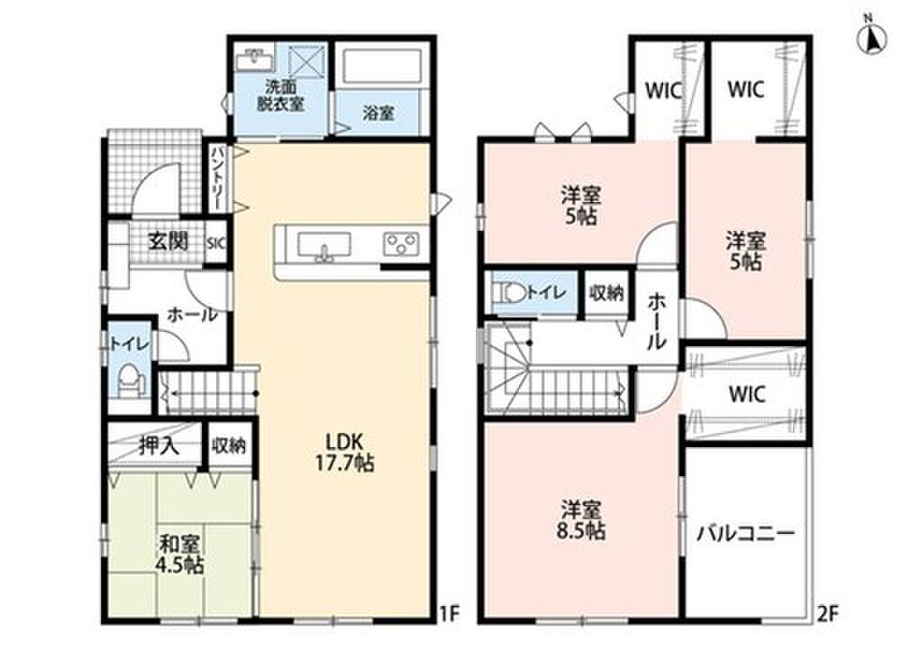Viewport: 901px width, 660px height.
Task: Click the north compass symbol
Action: (x=871, y=37)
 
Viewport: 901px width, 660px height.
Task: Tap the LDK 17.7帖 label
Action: (x=344, y=452)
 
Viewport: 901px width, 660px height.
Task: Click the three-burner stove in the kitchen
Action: (x=401, y=243)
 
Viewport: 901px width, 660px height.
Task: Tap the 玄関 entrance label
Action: (x=168, y=242)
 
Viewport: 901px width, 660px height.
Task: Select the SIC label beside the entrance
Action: (x=216, y=243)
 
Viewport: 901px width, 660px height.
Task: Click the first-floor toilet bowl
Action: (x=129, y=380)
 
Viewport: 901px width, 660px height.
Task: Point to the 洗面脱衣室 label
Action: (x=280, y=96)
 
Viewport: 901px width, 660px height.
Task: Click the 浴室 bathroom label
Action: (x=378, y=113)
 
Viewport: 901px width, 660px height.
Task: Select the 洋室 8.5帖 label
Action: (x=581, y=519)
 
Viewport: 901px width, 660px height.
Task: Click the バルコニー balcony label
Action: (x=746, y=534)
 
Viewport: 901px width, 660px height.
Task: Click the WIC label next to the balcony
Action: (x=747, y=394)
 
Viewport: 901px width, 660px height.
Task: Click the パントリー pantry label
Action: (x=218, y=179)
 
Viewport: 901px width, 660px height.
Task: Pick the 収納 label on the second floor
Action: (x=606, y=293)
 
